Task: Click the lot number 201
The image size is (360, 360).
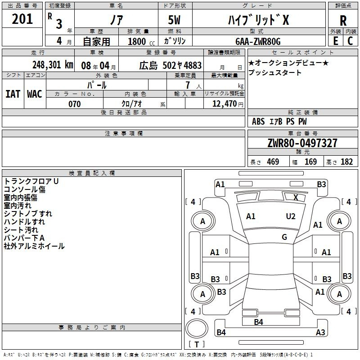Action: pos(23,19)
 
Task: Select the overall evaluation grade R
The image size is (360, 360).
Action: pos(343,21)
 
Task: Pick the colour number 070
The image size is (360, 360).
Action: pos(74,104)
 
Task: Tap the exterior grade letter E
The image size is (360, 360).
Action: pos(335,41)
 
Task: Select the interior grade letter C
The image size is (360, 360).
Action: pos(350,41)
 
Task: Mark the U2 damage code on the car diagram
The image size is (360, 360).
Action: pos(291,216)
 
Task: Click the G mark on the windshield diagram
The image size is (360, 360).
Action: pos(284,237)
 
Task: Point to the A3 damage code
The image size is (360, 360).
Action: pos(320,333)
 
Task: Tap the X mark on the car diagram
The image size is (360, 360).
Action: pos(296,197)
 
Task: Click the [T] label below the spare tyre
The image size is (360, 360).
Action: pos(197,344)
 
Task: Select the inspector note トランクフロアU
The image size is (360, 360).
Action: pos(31,181)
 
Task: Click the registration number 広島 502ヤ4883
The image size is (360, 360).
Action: pos(170,64)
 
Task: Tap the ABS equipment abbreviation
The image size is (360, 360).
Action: pos(258,121)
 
